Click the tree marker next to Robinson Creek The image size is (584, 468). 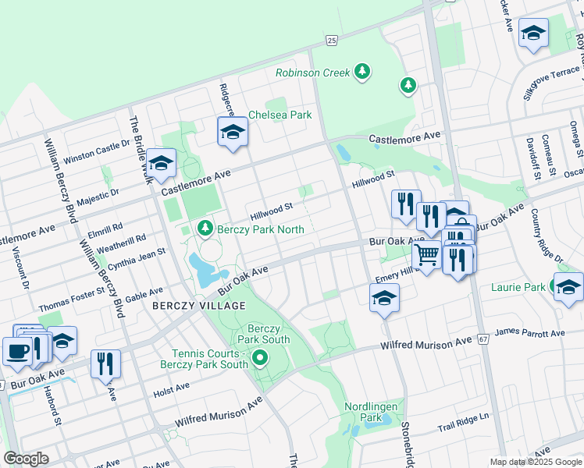point(361,73)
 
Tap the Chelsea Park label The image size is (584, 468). point(280,115)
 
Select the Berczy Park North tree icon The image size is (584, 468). point(205,228)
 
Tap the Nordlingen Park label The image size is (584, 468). point(372,413)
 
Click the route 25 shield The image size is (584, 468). point(332,40)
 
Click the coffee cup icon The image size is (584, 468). point(17,350)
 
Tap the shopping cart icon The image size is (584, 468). point(426,254)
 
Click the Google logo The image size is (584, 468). point(27,459)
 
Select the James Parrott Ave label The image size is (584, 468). point(530,334)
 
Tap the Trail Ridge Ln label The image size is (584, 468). point(462,427)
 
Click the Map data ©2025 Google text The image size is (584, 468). point(536,462)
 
